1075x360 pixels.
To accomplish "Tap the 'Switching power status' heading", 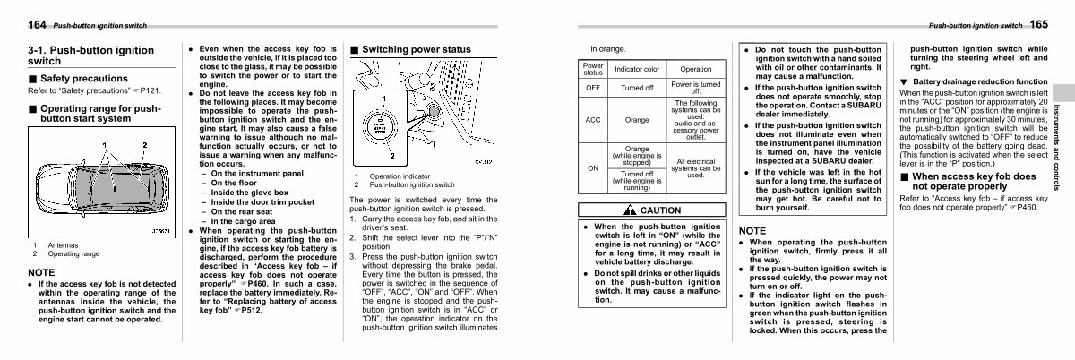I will [x=416, y=49].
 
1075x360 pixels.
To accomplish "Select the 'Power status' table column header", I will [x=593, y=69].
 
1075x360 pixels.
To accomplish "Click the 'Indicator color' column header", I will [x=637, y=69].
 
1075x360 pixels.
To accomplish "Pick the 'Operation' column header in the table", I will [x=696, y=69].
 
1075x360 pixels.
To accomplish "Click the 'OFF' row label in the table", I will [x=593, y=88].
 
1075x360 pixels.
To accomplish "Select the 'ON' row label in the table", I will [x=593, y=167].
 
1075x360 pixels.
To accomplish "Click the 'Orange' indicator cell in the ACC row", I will [x=637, y=120].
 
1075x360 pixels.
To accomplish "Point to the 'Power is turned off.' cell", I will [x=696, y=88].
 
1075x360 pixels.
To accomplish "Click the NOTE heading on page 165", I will [x=752, y=230].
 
